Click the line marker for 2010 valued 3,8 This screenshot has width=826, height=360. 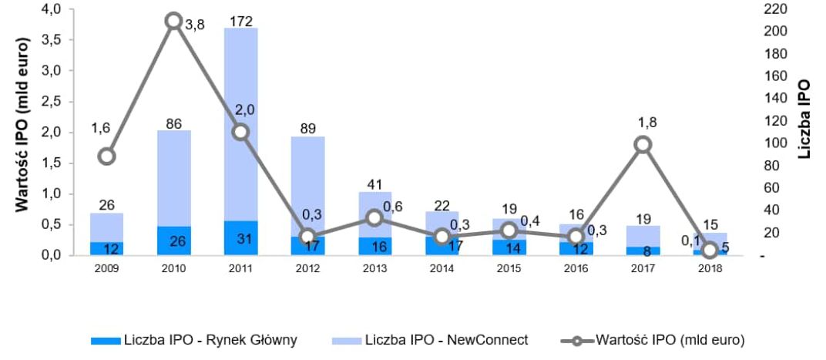tap(173, 21)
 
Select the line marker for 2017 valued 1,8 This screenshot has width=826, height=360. tap(643, 144)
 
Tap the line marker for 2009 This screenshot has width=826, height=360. tap(107, 156)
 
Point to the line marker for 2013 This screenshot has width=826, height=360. tap(374, 217)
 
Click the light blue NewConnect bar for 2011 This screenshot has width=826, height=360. tap(240, 123)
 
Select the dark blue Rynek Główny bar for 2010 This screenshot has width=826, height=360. tap(173, 241)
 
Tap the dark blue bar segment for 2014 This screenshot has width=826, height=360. tap(442, 246)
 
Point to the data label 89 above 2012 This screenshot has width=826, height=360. tap(307, 128)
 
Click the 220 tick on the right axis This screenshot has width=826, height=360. tap(771, 8)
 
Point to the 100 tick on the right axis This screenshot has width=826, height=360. tap(771, 143)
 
